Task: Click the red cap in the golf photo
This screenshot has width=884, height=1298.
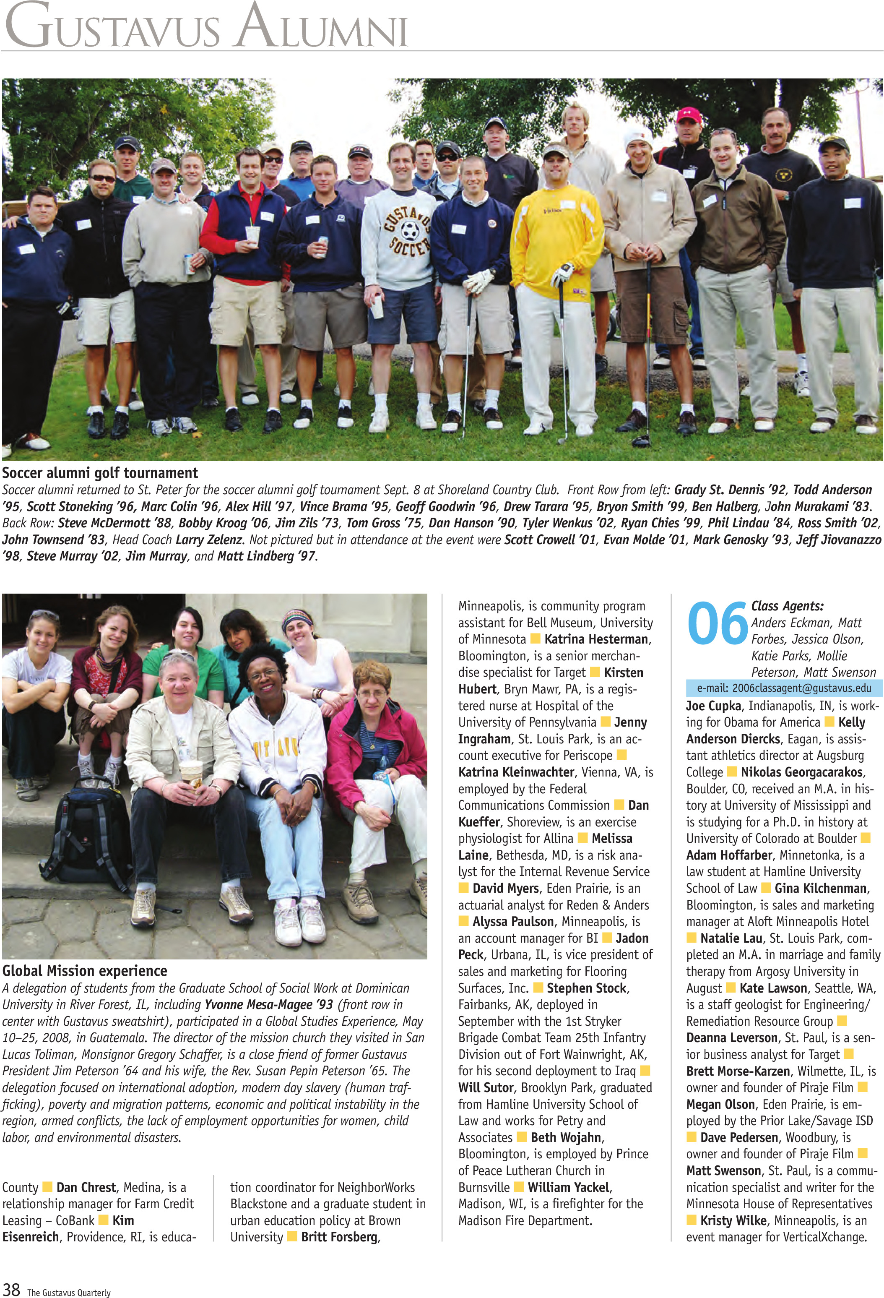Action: tap(688, 115)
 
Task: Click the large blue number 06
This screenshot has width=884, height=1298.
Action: tap(717, 624)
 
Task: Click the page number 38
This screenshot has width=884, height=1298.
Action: tap(11, 1289)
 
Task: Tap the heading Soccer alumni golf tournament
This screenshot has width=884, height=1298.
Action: tap(100, 473)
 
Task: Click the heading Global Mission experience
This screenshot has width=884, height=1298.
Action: tap(85, 971)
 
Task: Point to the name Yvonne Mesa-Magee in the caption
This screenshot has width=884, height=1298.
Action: tap(268, 1004)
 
